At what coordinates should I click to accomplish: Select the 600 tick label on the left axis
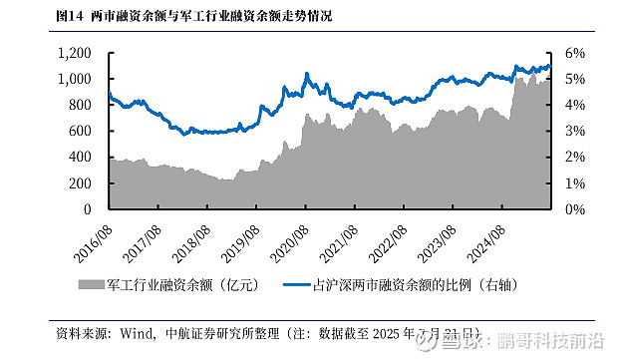[x=84, y=132]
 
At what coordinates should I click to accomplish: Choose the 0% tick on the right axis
[x=576, y=210]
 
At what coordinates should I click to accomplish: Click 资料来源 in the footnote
[x=79, y=333]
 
